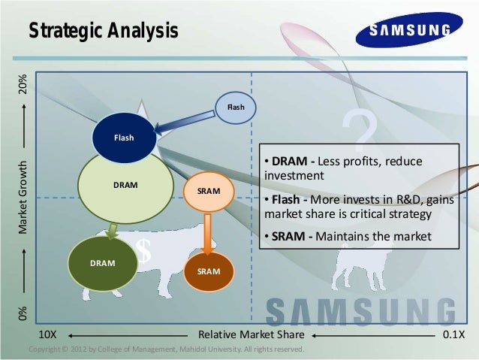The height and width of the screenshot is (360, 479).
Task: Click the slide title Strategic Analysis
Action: click(x=103, y=31)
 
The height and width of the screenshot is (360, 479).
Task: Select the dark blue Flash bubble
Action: click(x=124, y=137)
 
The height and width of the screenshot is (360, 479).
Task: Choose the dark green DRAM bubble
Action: click(x=103, y=264)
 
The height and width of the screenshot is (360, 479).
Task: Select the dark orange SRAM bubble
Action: click(x=208, y=269)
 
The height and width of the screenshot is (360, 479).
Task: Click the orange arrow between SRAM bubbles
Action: click(x=208, y=232)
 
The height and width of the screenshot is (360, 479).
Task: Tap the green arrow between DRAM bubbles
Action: click(x=112, y=230)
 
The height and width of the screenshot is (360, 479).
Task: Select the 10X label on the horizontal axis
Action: click(x=50, y=334)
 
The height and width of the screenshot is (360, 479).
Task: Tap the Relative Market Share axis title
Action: click(x=251, y=334)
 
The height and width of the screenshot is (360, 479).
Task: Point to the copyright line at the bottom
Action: click(x=165, y=349)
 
